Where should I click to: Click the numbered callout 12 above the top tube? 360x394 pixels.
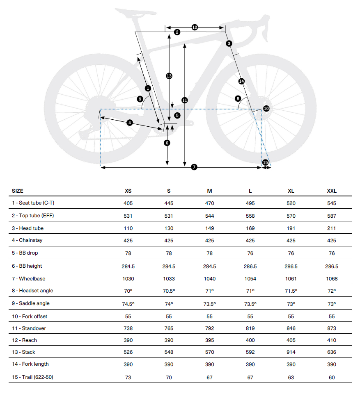point(195,27)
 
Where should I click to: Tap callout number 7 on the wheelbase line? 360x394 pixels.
point(194,167)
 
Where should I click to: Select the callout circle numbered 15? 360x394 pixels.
point(265,162)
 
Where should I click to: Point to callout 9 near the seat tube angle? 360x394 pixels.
point(140,99)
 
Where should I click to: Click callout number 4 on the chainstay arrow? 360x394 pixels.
point(130,123)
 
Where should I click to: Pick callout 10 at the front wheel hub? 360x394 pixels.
point(266,108)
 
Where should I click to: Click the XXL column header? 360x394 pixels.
point(332,191)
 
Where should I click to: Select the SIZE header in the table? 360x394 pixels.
point(18,191)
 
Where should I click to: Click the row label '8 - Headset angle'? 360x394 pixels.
point(32,291)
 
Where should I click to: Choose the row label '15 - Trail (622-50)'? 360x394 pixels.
point(32,377)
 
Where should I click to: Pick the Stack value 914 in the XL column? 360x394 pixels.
point(291,352)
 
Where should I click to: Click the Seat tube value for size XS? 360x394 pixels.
point(128,203)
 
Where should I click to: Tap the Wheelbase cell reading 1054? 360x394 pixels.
point(250,279)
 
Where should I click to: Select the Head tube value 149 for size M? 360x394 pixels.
point(210,228)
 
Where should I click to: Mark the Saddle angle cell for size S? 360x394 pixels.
point(169,304)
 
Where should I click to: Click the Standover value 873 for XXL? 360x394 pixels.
point(332,328)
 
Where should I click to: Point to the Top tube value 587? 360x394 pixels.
point(332,216)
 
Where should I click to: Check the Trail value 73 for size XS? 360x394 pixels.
point(128,378)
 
